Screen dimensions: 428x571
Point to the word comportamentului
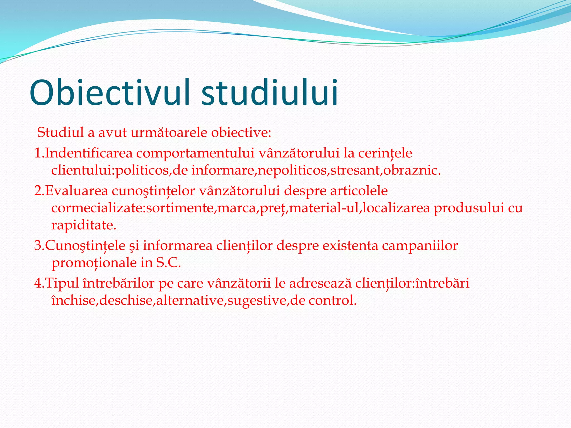click(x=195, y=153)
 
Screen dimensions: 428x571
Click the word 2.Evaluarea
click(x=71, y=191)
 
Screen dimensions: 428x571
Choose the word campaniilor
click(x=420, y=246)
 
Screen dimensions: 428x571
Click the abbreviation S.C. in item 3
click(x=168, y=263)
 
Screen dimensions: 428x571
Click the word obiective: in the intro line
click(x=241, y=132)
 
